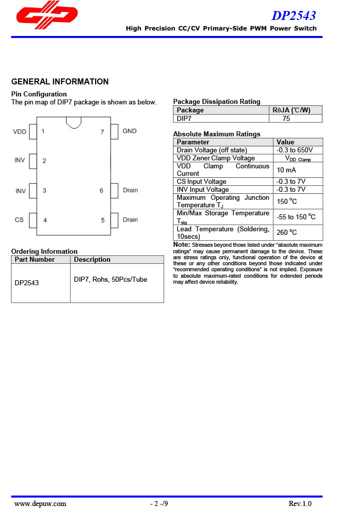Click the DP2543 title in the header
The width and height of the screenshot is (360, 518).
293,15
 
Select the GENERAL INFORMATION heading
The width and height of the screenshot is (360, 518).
59,82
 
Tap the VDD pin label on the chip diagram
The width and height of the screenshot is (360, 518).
19,132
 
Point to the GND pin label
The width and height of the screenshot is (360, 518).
129,131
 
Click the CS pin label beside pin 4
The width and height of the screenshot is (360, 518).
19,220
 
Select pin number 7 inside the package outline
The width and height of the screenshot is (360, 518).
102,132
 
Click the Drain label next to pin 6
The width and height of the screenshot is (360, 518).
130,190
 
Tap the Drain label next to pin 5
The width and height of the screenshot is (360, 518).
130,220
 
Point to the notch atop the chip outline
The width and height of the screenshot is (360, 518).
73,121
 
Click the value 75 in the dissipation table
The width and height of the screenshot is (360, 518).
286,119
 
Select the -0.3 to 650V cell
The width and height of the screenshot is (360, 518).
294,150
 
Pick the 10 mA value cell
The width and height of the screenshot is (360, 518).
286,170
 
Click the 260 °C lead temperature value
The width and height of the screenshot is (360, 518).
286,232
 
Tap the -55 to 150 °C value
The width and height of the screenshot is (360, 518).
296,217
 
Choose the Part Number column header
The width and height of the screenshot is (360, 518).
34,260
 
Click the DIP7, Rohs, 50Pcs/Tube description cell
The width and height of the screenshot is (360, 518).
110,280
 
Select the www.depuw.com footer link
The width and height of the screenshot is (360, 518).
40,504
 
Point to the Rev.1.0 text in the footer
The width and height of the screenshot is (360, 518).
300,504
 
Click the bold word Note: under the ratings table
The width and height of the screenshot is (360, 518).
181,245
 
